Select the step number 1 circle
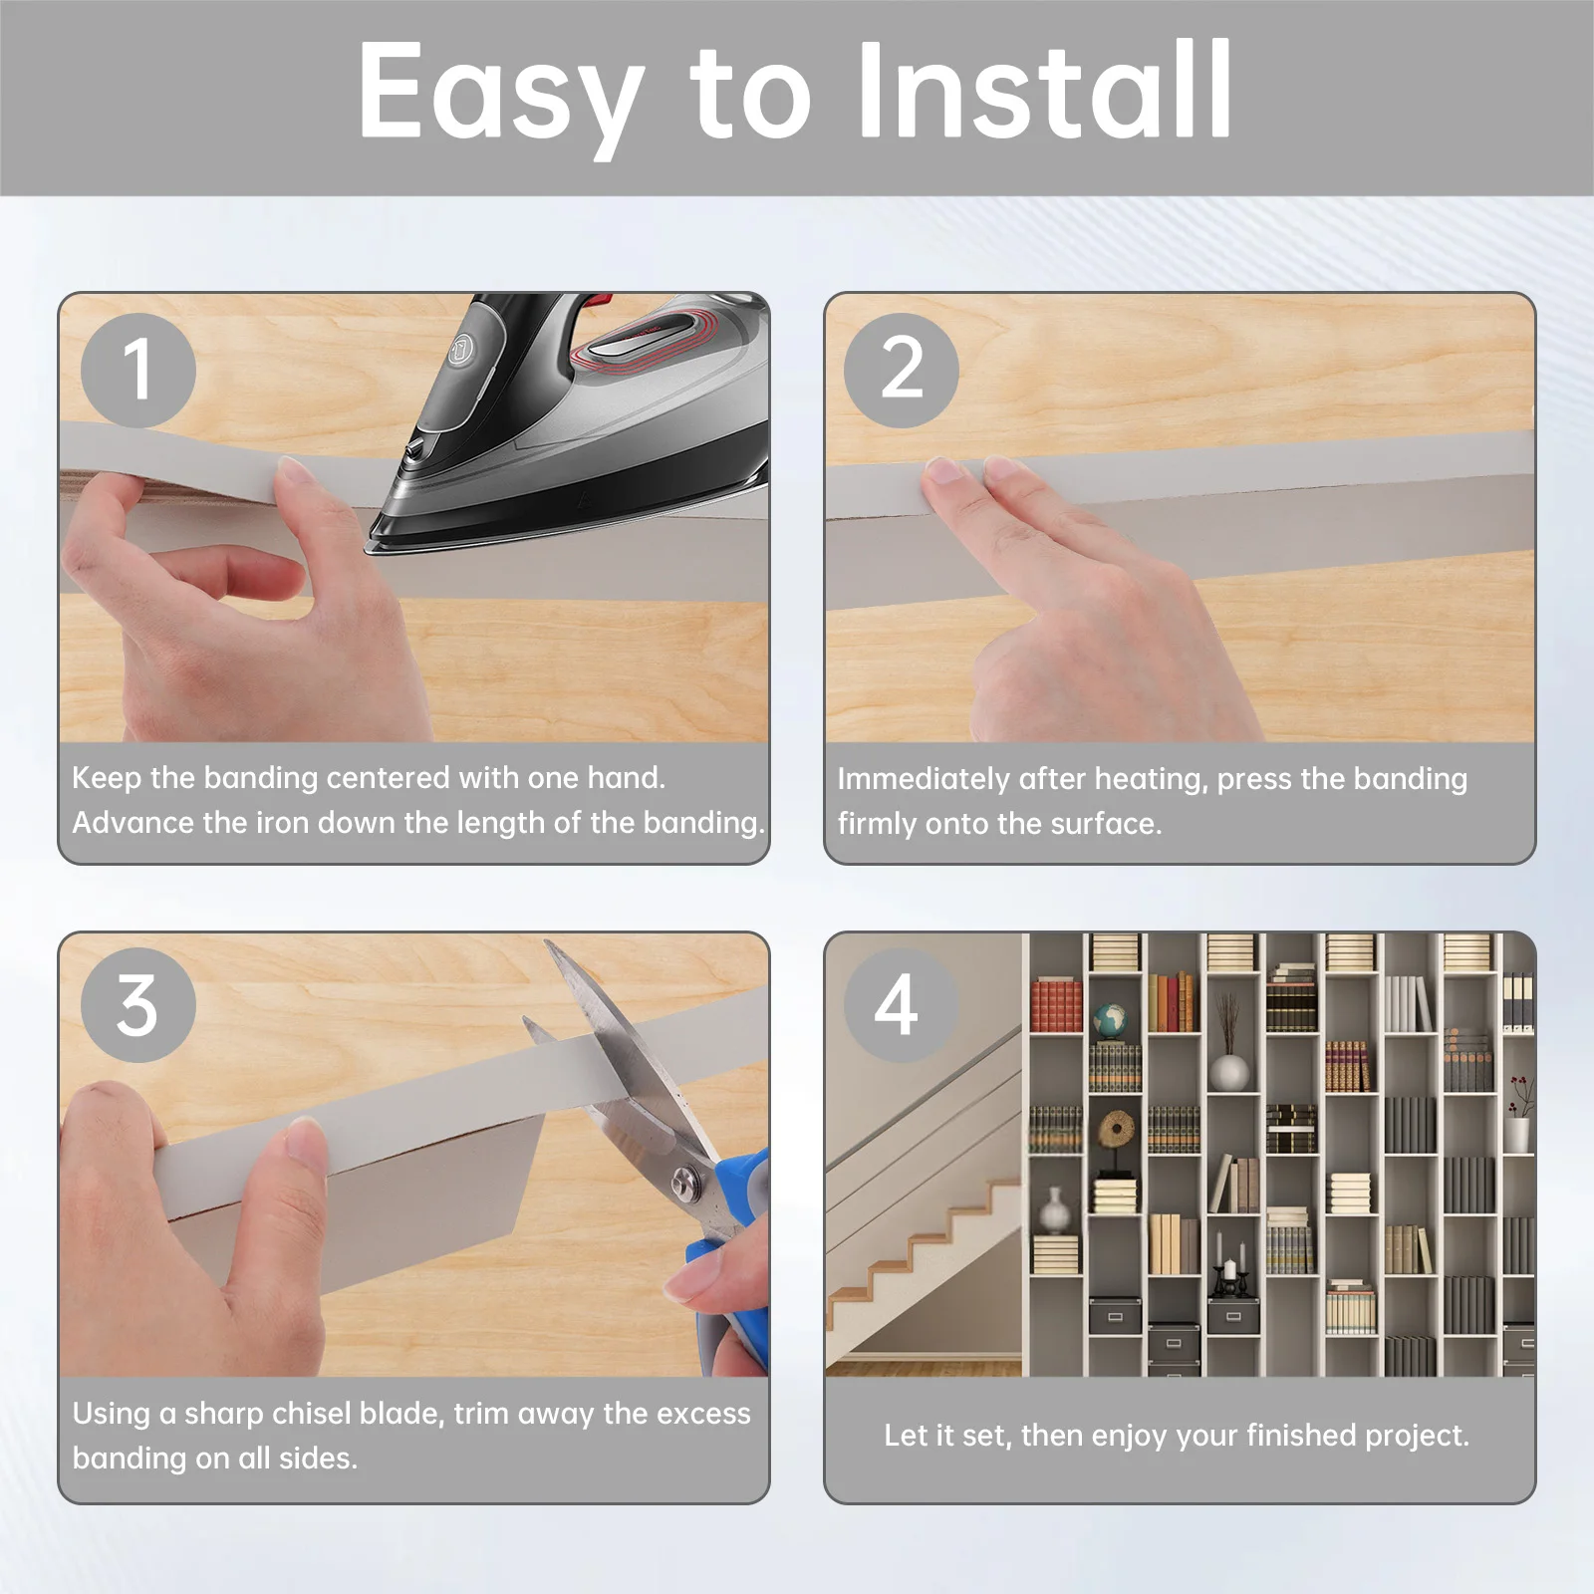[x=137, y=370]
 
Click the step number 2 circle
[x=902, y=370]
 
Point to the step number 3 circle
[x=137, y=1004]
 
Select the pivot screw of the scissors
[x=685, y=1183]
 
